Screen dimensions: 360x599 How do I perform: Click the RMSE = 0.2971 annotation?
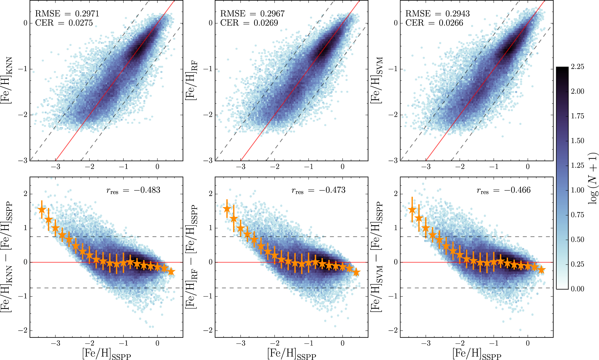point(67,14)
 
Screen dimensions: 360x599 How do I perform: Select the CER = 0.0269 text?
point(249,23)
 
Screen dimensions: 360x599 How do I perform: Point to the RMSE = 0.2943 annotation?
point(437,14)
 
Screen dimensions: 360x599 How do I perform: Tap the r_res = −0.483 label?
point(133,190)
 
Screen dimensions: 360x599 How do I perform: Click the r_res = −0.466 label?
point(504,190)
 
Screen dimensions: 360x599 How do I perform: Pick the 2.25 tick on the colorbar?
point(578,67)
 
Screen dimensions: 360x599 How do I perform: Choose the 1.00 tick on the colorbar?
point(578,190)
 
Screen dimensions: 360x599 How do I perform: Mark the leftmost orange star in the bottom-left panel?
point(42,210)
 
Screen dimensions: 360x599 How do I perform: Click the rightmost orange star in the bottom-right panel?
point(541,270)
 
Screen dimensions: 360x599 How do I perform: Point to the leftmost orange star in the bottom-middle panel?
point(227,209)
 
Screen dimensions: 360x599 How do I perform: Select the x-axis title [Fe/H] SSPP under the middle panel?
point(291,354)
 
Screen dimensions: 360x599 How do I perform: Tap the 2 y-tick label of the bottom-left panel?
point(25,194)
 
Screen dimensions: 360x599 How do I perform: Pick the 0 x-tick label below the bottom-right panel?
point(528,344)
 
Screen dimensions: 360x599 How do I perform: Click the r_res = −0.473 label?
point(318,190)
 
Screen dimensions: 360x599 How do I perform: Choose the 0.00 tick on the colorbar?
point(578,289)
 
